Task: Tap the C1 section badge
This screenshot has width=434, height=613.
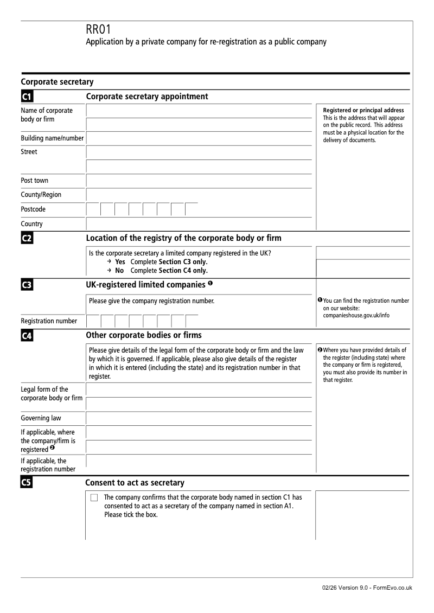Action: click(x=27, y=97)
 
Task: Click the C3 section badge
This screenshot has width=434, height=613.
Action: click(x=27, y=285)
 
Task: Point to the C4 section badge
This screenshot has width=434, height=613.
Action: click(x=27, y=336)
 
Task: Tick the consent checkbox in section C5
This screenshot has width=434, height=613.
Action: click(x=94, y=498)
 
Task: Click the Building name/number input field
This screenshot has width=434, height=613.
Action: click(x=199, y=138)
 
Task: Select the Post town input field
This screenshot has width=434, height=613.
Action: click(x=199, y=181)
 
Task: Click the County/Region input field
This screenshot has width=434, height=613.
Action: click(x=199, y=195)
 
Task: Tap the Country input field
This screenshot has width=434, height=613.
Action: click(x=199, y=224)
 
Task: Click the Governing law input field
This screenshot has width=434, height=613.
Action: click(x=199, y=418)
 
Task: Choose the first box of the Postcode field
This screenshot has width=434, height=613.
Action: click(x=93, y=209)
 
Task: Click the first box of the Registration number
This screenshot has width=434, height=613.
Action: click(x=93, y=321)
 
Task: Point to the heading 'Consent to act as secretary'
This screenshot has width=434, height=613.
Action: click(x=135, y=483)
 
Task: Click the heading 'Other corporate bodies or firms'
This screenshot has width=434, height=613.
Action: click(x=144, y=335)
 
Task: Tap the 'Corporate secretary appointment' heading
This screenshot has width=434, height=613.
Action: click(x=147, y=97)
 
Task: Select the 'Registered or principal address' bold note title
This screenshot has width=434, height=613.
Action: click(x=363, y=110)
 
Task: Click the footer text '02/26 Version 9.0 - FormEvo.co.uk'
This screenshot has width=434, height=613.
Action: click(x=366, y=588)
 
